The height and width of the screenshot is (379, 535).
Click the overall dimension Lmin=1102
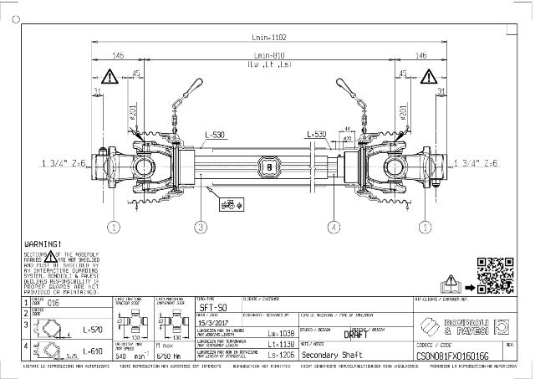268,37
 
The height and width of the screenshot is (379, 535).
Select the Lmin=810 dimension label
268,55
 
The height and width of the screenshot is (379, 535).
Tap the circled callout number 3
201,226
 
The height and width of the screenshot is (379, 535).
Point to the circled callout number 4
334,226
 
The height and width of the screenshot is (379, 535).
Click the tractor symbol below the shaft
226,202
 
